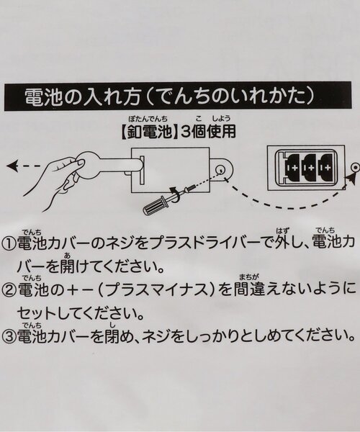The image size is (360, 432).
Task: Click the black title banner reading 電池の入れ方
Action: [178, 96]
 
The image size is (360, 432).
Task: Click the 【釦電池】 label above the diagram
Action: [149, 132]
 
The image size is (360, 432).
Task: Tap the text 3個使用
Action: [209, 132]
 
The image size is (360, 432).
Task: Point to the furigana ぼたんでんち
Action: [148, 119]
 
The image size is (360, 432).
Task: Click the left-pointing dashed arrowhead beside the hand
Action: [12, 166]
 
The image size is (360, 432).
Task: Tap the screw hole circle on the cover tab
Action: [220, 169]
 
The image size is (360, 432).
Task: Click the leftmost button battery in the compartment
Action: [293, 168]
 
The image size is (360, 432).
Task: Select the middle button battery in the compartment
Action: [309, 168]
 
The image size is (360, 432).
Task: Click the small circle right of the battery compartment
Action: [355, 167]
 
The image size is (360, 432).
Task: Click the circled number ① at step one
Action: [9, 243]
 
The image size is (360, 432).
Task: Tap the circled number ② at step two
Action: [9, 289]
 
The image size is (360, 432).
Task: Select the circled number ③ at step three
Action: [9, 336]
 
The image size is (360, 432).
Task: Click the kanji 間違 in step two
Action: [249, 289]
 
